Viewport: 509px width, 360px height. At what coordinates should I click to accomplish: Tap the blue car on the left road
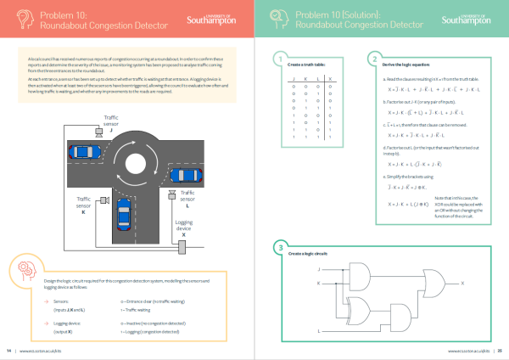click(x=96, y=155)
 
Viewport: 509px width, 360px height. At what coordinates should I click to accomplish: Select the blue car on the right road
click(x=187, y=175)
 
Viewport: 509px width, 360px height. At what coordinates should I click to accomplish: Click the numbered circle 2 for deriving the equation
click(x=373, y=59)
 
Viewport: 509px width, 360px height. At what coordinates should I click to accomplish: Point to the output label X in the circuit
click(x=462, y=283)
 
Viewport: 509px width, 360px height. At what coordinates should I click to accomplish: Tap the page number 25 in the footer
click(x=501, y=350)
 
